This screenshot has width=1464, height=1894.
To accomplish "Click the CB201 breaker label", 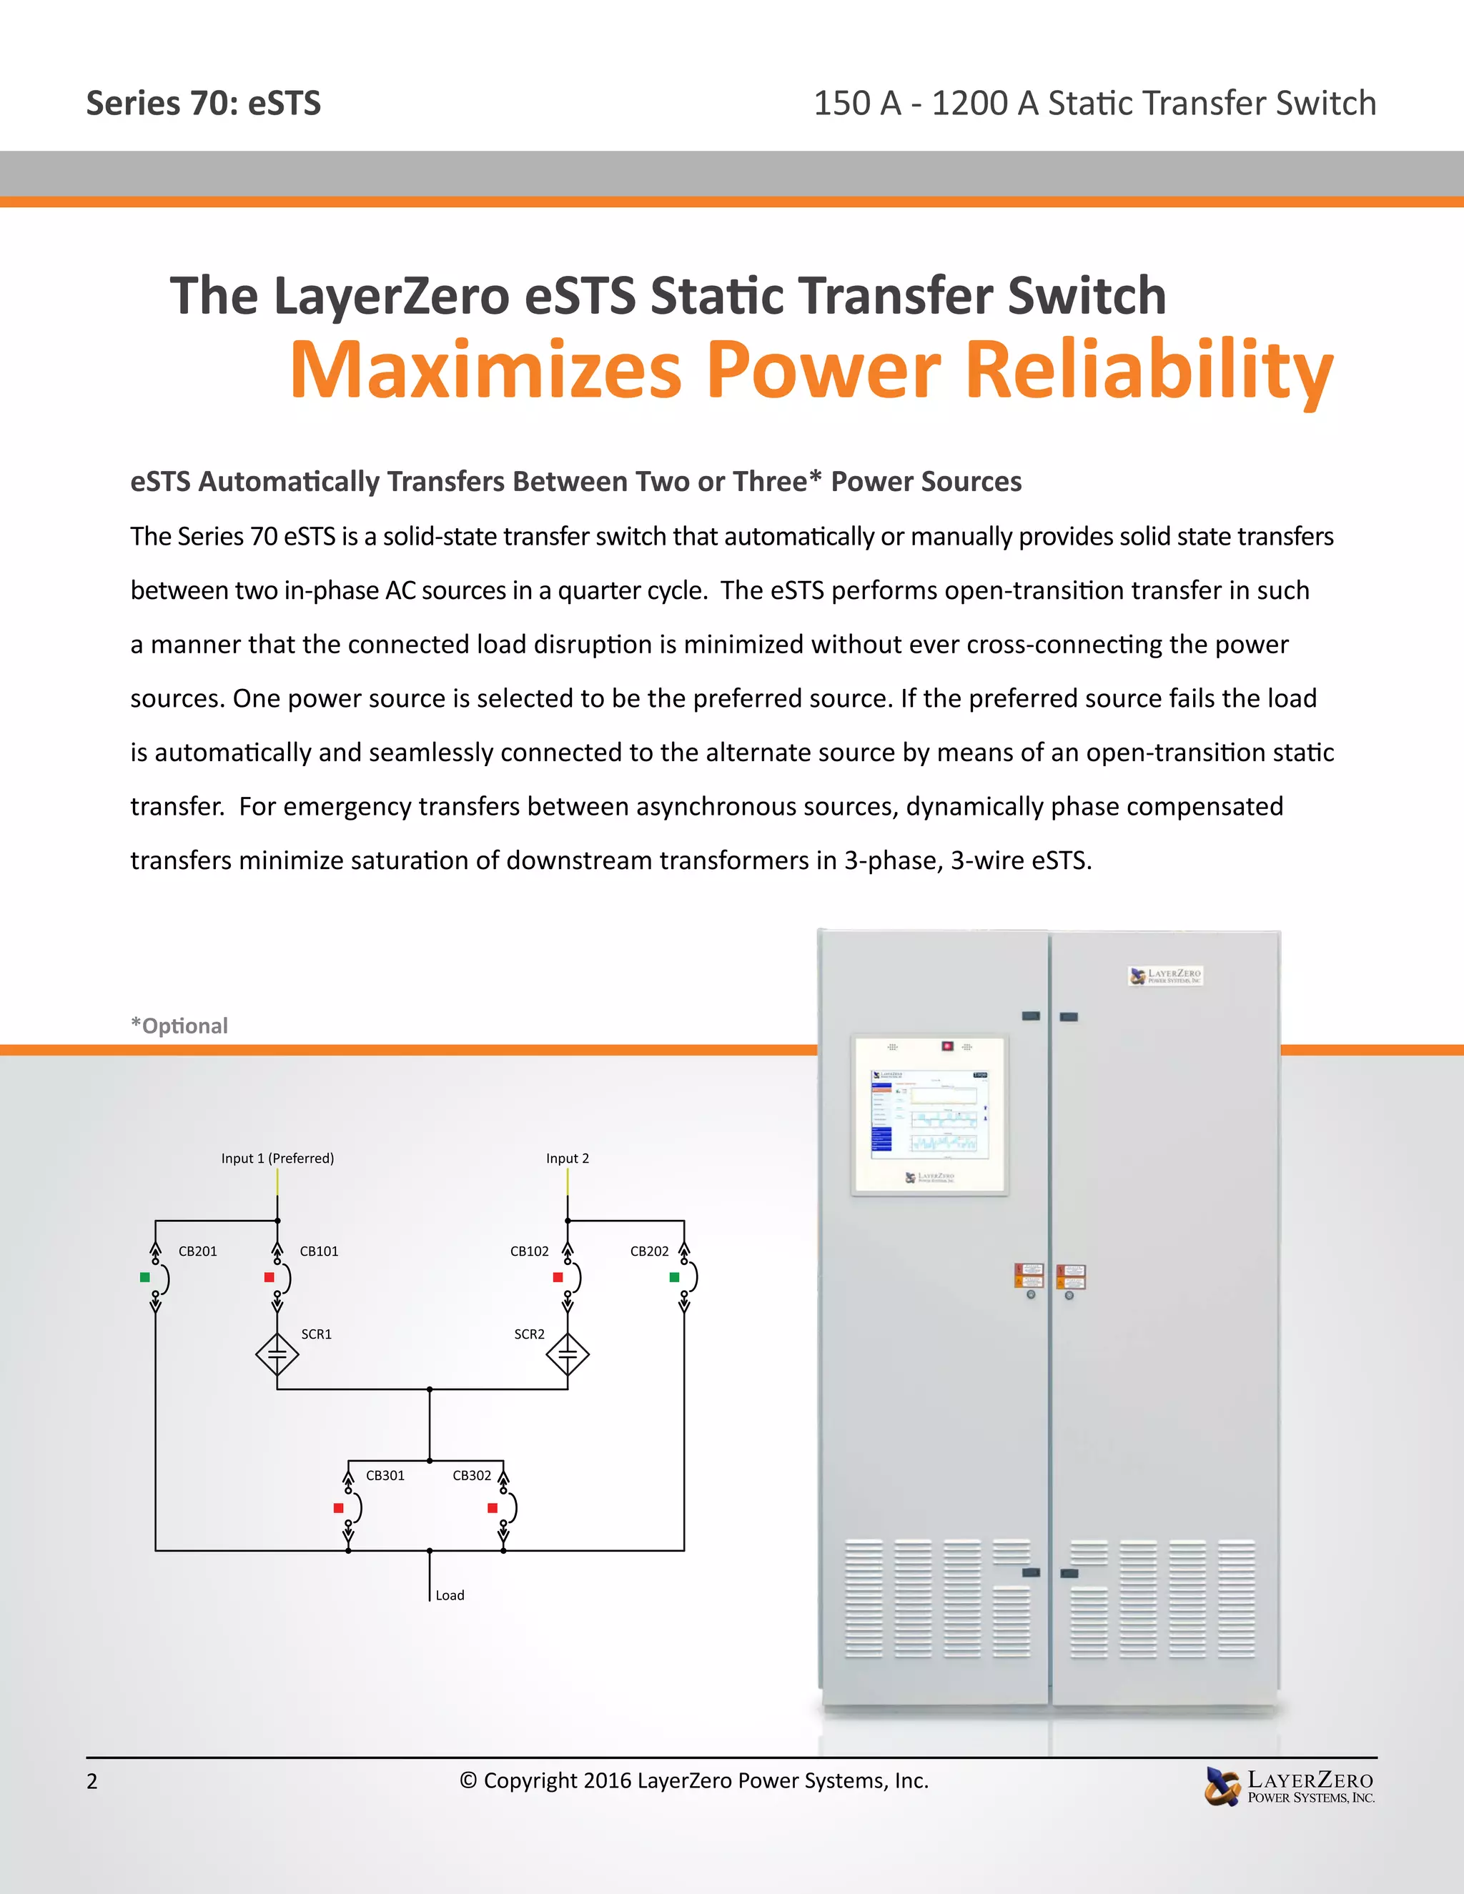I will [198, 1251].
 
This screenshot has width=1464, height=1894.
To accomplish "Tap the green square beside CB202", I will [674, 1276].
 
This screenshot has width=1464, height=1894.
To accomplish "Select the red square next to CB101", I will [269, 1276].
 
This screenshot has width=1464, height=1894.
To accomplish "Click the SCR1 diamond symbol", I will [277, 1354].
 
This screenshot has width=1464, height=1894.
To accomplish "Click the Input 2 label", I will [567, 1158].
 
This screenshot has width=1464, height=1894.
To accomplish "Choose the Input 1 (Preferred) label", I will [277, 1158].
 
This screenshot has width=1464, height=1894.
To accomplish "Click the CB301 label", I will [385, 1475].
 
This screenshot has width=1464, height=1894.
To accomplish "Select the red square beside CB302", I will [492, 1508].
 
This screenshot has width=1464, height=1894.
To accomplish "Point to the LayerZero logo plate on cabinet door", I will [1166, 976].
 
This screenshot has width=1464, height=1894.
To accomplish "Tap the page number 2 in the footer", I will [92, 1781].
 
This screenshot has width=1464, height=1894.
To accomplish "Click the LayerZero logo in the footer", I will [1290, 1787].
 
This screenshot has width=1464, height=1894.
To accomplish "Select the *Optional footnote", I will [179, 1026].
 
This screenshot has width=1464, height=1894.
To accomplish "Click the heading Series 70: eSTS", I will [204, 103].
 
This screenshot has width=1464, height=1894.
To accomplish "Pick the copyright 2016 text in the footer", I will [694, 1780].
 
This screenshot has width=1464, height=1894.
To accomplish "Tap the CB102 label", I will [529, 1251].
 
